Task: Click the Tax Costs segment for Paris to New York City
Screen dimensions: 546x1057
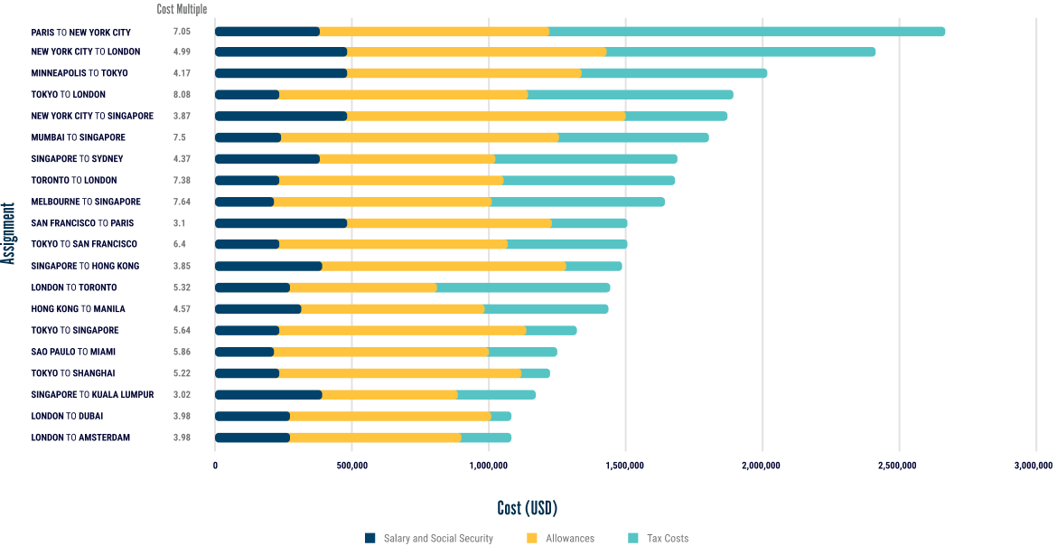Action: click(746, 32)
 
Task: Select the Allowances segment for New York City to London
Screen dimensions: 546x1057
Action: click(476, 52)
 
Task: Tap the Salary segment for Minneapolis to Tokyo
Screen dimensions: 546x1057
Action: click(281, 73)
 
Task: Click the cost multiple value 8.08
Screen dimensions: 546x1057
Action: click(182, 94)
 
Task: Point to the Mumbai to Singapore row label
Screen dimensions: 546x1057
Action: click(78, 137)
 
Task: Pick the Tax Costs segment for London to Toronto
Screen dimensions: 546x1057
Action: click(523, 287)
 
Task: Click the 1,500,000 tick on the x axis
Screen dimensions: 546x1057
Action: click(625, 466)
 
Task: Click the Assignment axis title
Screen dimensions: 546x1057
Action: click(9, 233)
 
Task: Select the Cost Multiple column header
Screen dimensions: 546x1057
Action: click(182, 10)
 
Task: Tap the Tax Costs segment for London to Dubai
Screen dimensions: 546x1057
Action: click(501, 416)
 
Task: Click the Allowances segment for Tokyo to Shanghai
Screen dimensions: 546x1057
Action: click(400, 373)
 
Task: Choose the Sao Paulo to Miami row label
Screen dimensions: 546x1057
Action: click(73, 352)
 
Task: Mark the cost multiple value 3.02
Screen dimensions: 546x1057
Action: click(182, 394)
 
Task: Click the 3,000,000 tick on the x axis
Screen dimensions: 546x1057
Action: click(1033, 466)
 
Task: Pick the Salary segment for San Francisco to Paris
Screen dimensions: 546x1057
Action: click(281, 223)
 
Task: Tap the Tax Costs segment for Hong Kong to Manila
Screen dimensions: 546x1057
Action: click(546, 309)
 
